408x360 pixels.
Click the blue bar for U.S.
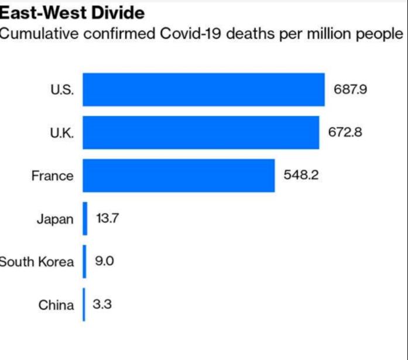click(x=203, y=90)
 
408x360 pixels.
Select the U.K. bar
click(x=200, y=132)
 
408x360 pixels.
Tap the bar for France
click(x=179, y=176)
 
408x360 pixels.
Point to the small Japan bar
click(x=85, y=218)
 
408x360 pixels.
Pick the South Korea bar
click(x=84, y=262)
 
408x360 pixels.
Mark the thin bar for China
click(x=84, y=304)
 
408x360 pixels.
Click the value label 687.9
click(x=351, y=90)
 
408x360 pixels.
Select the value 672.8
click(x=345, y=132)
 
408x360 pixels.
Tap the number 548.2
click(x=301, y=176)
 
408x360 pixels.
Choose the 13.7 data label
click(x=107, y=218)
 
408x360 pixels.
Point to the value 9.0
click(x=104, y=262)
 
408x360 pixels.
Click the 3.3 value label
click(x=103, y=304)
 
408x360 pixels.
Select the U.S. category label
click(x=62, y=90)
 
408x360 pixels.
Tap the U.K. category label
click(x=61, y=133)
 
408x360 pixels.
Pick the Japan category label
click(x=55, y=220)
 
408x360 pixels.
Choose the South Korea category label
click(x=36, y=262)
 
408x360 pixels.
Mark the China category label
click(x=56, y=305)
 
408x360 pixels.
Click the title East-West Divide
click(x=71, y=12)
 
